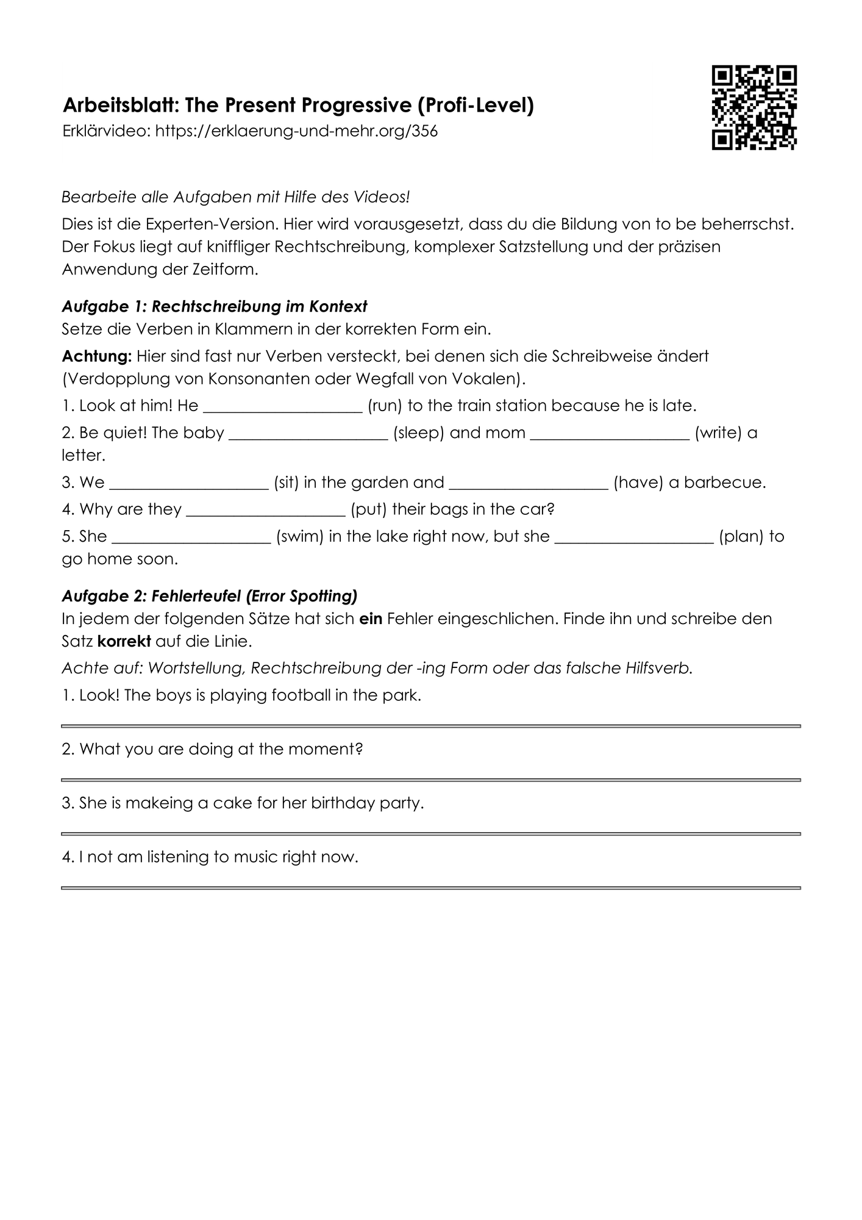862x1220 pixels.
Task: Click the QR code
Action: (x=754, y=107)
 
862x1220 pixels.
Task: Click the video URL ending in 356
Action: (x=296, y=131)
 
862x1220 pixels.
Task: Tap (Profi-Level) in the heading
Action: (x=476, y=106)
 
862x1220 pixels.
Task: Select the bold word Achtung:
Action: (x=96, y=356)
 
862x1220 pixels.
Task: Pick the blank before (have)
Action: (x=529, y=484)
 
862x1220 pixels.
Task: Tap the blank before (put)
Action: (x=266, y=511)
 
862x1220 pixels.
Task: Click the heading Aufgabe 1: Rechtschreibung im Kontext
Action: (x=215, y=306)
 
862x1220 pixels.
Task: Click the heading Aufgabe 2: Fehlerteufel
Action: (x=210, y=595)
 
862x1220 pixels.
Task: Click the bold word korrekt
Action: (x=124, y=642)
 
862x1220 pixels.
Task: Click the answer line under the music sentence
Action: (x=430, y=888)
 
